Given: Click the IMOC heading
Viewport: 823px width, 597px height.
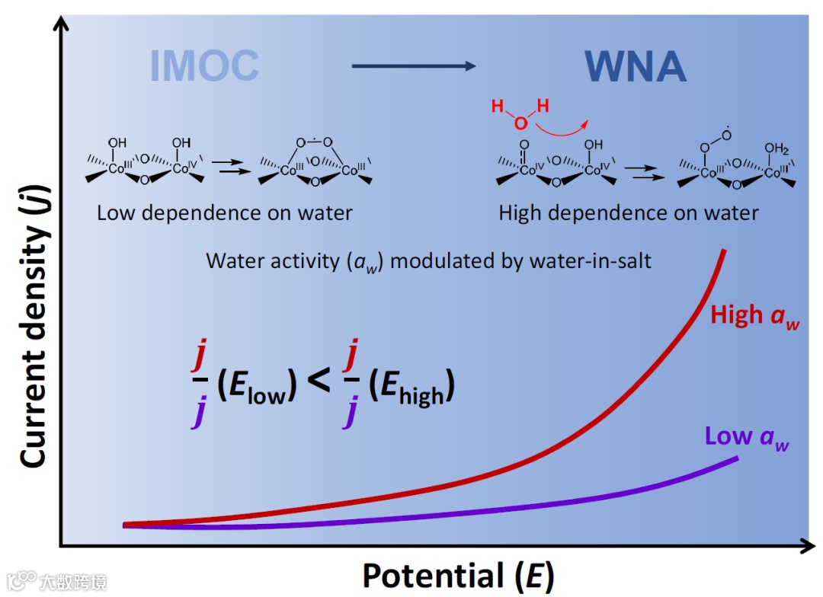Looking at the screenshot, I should coord(204,67).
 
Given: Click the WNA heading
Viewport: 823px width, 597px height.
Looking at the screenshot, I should coord(636,67).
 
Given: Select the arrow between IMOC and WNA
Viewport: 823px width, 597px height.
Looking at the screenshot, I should coord(414,66).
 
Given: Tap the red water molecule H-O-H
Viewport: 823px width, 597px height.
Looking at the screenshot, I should coord(520,115).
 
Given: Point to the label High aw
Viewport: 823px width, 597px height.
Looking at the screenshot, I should coord(755,315).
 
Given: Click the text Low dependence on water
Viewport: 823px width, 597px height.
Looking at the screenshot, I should coord(225,213).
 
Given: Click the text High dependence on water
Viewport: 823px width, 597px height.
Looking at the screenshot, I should coord(629,213).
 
